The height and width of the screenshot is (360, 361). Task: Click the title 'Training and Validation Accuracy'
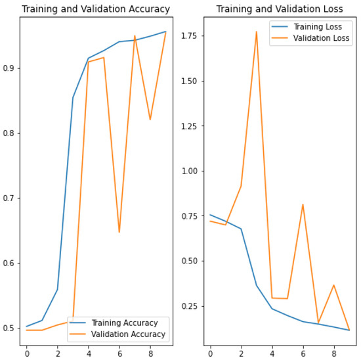pyautogui.click(x=96, y=9)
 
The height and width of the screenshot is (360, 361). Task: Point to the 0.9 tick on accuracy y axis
pyautogui.click(x=12, y=68)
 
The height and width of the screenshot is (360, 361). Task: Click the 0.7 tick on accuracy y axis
pyautogui.click(x=12, y=198)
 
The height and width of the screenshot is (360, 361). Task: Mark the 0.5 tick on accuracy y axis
pyautogui.click(x=12, y=328)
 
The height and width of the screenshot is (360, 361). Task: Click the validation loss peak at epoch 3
pyautogui.click(x=256, y=31)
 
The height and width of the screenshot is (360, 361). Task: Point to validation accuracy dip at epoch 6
pyautogui.click(x=119, y=232)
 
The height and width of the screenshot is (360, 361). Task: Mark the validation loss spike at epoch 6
pyautogui.click(x=303, y=204)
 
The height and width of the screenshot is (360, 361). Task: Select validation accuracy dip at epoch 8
pyautogui.click(x=150, y=120)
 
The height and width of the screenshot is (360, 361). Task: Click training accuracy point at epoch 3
pyautogui.click(x=73, y=97)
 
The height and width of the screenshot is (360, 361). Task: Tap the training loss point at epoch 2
pyautogui.click(x=241, y=229)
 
